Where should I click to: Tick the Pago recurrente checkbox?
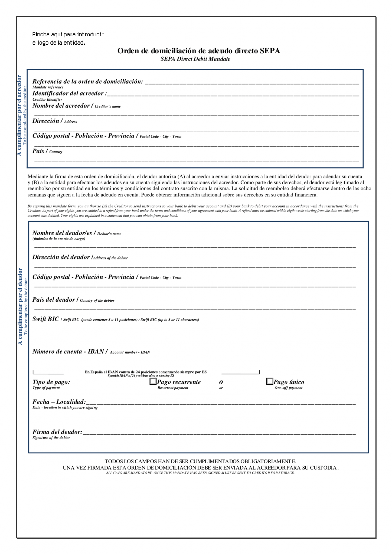point(153,381)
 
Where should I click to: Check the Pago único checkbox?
point(270,381)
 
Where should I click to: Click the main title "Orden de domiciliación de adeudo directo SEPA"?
point(198,51)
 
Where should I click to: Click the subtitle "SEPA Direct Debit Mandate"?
point(195,59)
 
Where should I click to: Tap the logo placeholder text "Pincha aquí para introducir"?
point(68,35)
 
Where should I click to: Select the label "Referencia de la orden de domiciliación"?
point(87,81)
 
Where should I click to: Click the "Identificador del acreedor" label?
point(69,94)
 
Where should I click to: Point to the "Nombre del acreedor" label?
point(61,106)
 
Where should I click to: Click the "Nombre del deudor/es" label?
point(62,233)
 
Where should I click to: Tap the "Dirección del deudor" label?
point(61,257)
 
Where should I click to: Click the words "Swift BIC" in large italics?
point(46,319)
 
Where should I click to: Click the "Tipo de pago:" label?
point(51,382)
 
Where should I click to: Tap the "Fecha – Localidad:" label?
point(59,402)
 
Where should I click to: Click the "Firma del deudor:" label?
point(57,432)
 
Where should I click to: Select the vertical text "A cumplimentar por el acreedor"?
point(19,116)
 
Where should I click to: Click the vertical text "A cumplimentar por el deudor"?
point(20,306)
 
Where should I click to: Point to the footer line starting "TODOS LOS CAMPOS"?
point(200,461)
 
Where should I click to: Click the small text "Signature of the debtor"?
point(51,438)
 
